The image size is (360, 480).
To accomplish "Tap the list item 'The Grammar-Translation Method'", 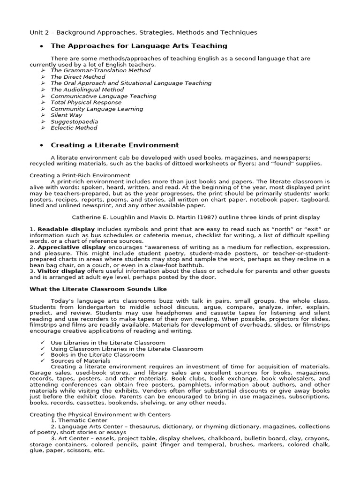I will (100, 70).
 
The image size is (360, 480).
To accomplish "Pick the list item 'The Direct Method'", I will (78, 77).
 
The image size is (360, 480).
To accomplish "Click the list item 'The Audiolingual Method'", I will (87, 90).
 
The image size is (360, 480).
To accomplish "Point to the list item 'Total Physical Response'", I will (86, 102).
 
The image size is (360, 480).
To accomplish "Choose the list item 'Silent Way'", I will (66, 115).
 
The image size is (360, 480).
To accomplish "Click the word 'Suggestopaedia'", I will (74, 121).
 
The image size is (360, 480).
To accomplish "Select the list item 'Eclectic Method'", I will (74, 127).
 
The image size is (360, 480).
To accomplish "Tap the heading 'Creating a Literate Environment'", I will (114, 145).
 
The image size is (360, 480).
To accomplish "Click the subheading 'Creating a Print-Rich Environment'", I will (80, 175).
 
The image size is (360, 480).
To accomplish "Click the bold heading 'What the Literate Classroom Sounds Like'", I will (98, 289).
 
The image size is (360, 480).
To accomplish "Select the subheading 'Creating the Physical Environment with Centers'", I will (100, 414).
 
